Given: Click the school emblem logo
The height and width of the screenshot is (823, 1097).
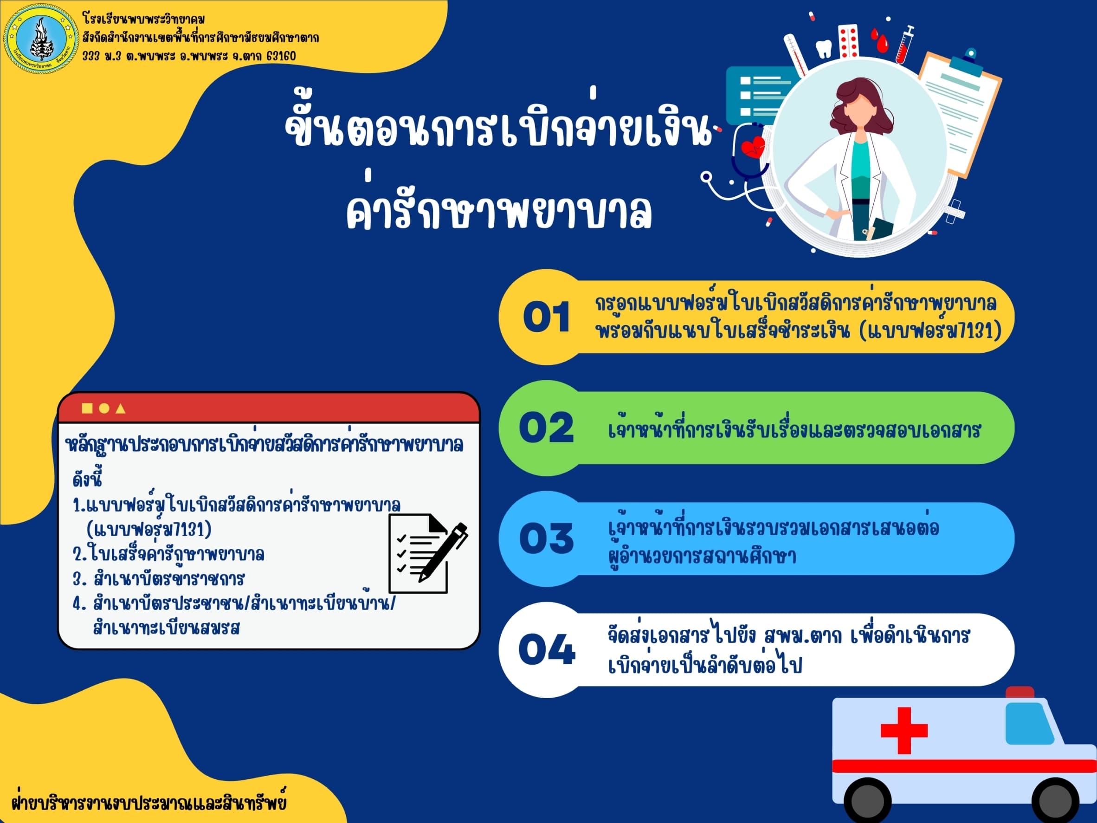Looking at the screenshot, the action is pyautogui.click(x=42, y=39).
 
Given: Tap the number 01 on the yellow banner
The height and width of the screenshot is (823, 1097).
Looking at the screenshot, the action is pyautogui.click(x=547, y=317).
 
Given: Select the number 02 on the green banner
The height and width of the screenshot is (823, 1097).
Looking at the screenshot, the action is pyautogui.click(x=546, y=428).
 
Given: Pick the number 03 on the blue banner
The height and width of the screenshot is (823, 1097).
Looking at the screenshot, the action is pyautogui.click(x=546, y=538).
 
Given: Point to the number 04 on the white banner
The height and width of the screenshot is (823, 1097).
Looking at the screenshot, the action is pyautogui.click(x=547, y=649).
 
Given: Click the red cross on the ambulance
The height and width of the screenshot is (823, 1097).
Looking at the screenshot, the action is pyautogui.click(x=904, y=731).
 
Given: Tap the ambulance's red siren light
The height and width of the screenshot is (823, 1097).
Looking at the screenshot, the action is pyautogui.click(x=1020, y=693).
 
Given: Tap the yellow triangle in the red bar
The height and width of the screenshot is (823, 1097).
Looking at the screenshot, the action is pyautogui.click(x=120, y=408).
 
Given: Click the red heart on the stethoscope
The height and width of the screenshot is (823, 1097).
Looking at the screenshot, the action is pyautogui.click(x=753, y=147).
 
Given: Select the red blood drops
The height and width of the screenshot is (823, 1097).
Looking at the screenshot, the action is pyautogui.click(x=880, y=39).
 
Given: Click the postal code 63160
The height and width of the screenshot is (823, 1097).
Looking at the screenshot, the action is pyautogui.click(x=281, y=56).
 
